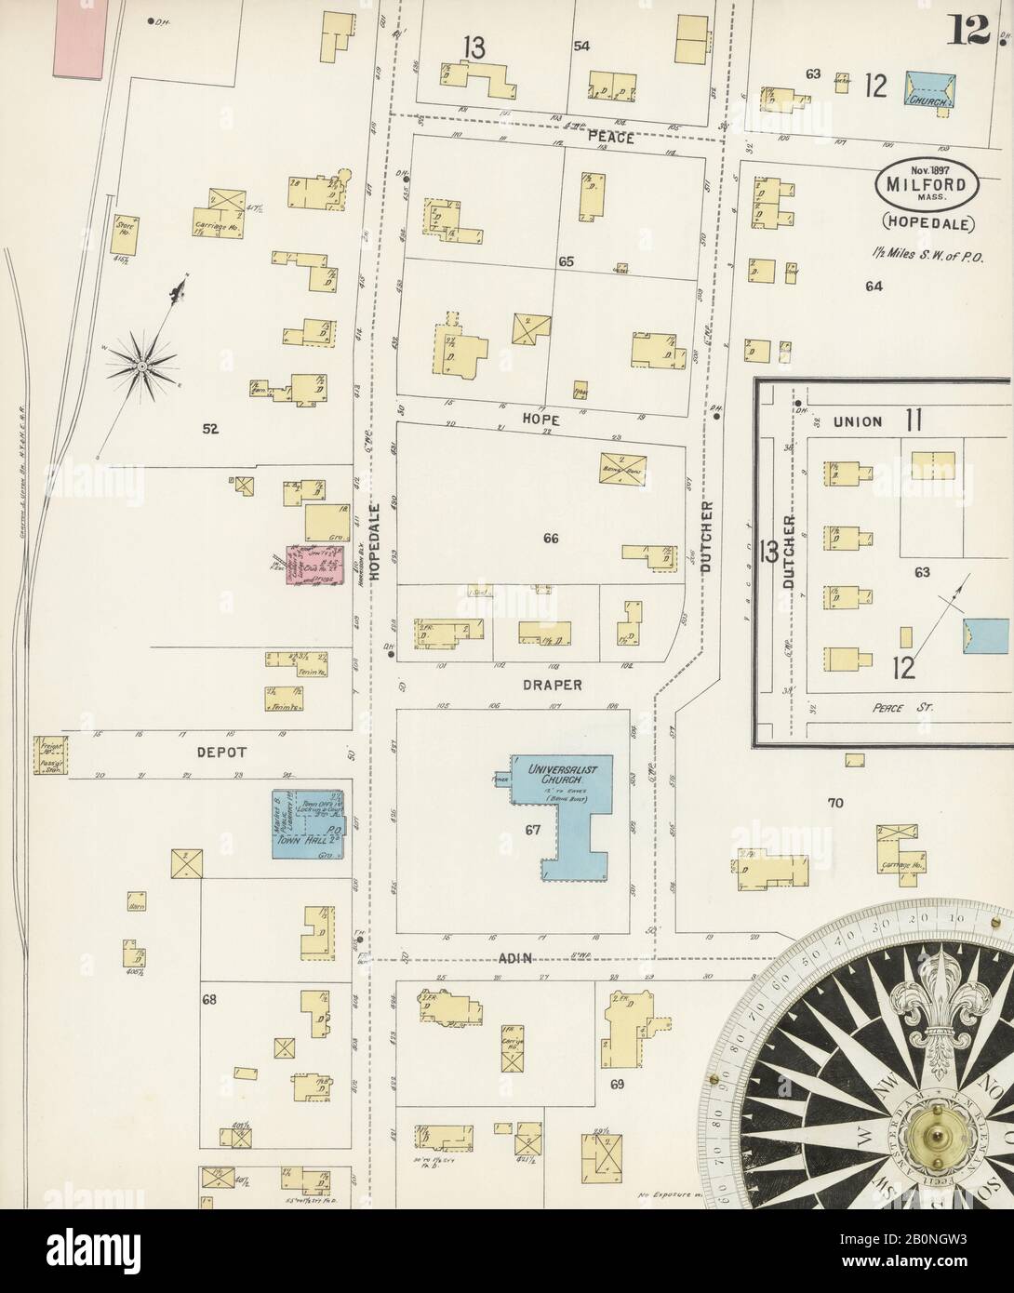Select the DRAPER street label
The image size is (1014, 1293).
click(553, 685)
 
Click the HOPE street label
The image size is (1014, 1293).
click(540, 420)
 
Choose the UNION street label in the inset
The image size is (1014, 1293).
click(857, 421)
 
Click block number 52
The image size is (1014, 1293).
click(211, 429)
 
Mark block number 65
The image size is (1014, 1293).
click(567, 263)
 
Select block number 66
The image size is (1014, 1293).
click(551, 538)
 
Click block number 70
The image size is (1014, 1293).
click(834, 802)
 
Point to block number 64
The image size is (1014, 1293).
click(873, 287)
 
